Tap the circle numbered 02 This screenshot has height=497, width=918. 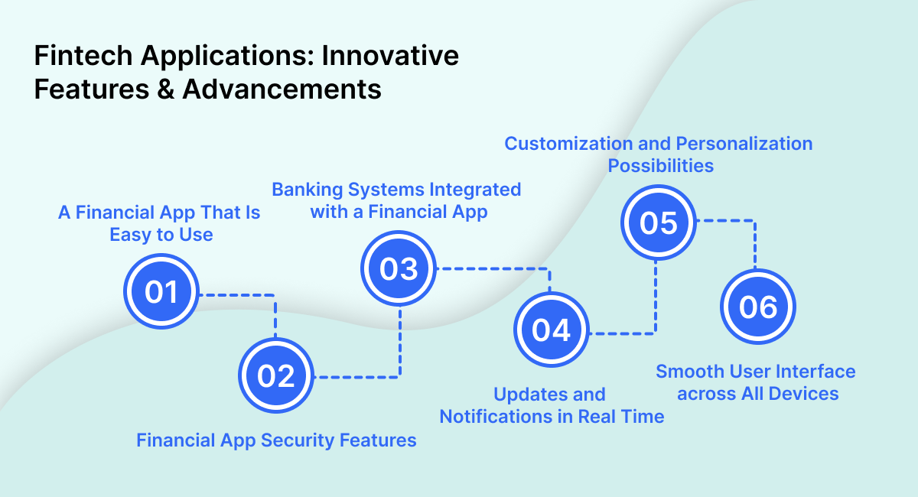[276, 376]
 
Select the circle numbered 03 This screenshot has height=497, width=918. [399, 268]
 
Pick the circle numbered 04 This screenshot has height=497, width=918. [552, 331]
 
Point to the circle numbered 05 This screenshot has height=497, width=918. [658, 223]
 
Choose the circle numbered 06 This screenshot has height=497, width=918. [758, 307]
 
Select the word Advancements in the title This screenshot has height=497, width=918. [282, 89]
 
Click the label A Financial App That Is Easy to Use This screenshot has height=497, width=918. [160, 223]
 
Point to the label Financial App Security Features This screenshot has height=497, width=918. [276, 440]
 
